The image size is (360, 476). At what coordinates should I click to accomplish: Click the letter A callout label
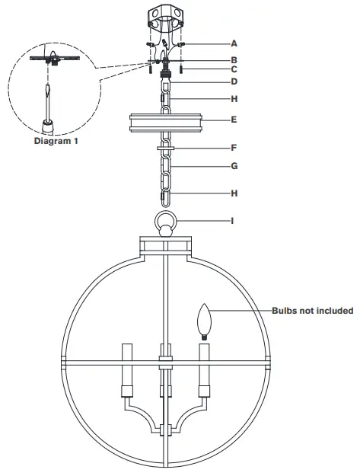point(234,45)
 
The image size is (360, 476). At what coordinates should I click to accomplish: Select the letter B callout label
point(234,59)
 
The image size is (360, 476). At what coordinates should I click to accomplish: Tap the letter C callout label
point(234,69)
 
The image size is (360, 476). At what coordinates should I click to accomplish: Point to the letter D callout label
point(234,81)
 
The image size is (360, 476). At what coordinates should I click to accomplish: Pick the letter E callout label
point(234,120)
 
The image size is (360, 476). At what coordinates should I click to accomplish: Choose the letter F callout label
point(234,148)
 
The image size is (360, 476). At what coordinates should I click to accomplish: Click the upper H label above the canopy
point(234,98)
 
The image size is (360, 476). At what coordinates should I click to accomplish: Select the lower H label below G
point(234,193)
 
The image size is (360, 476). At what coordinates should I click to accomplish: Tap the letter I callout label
point(234,221)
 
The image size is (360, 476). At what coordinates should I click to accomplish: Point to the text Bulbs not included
point(312,311)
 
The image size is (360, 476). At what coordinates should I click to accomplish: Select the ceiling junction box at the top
point(167,19)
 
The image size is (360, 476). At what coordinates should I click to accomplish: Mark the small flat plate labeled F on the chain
point(167,149)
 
